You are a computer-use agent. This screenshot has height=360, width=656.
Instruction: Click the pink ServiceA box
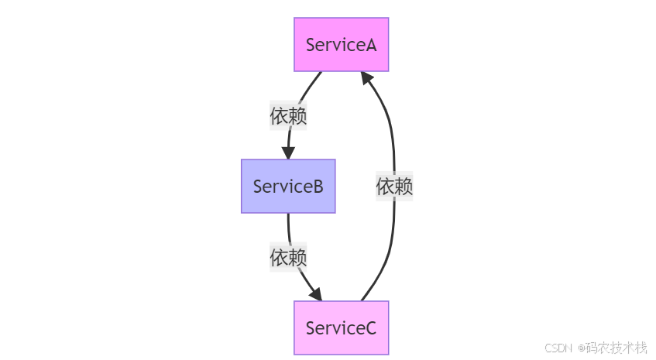coord(341,44)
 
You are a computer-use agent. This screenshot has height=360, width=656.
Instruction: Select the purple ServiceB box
coord(288,186)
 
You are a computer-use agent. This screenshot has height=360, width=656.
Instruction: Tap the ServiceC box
coord(341,327)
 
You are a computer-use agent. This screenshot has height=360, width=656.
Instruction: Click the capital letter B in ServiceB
coord(318,187)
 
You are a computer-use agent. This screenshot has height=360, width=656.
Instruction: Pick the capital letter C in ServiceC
coord(370,328)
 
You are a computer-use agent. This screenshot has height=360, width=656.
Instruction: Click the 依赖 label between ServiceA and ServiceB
coord(288,116)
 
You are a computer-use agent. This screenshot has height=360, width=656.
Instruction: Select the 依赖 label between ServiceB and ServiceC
coord(288,257)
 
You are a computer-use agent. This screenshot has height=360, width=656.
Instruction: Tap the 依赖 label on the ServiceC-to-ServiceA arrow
coord(394,186)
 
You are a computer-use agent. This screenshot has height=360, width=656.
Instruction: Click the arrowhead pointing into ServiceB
coord(288,153)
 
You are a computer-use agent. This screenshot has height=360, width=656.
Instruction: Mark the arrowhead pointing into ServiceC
coord(316,295)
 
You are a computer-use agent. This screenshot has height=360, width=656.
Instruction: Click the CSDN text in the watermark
coord(558,347)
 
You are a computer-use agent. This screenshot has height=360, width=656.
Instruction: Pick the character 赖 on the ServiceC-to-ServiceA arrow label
coord(404,186)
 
